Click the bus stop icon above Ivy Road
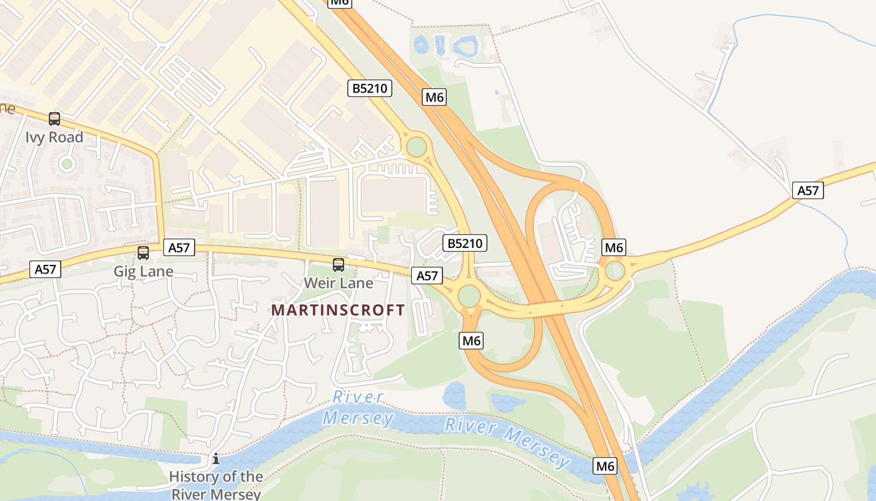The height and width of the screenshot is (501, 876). pyautogui.click(x=54, y=118)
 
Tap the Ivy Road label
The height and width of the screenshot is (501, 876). pyautogui.click(x=54, y=137)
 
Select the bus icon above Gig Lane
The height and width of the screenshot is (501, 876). pyautogui.click(x=143, y=253)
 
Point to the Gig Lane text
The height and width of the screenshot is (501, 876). pyautogui.click(x=143, y=272)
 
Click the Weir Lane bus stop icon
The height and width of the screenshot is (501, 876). pyautogui.click(x=339, y=264)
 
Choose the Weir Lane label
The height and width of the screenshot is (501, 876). pyautogui.click(x=339, y=283)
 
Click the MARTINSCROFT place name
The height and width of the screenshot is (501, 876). pyautogui.click(x=338, y=310)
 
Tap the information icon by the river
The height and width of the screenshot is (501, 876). pyautogui.click(x=216, y=458)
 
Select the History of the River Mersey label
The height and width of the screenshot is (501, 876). pyautogui.click(x=216, y=485)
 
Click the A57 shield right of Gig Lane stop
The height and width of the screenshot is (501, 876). pyautogui.click(x=179, y=248)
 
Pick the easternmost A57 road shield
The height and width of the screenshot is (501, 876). pyautogui.click(x=808, y=190)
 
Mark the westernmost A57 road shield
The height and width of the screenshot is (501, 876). pyautogui.click(x=45, y=270)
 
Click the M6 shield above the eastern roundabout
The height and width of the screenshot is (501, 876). pyautogui.click(x=614, y=247)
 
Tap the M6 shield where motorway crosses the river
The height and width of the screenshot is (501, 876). pyautogui.click(x=605, y=466)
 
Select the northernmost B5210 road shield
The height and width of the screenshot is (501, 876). pyautogui.click(x=370, y=88)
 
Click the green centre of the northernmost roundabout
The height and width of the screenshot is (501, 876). pyautogui.click(x=416, y=147)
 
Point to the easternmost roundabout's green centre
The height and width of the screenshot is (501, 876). pyautogui.click(x=615, y=271)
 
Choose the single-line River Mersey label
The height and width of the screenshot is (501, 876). pyautogui.click(x=507, y=443)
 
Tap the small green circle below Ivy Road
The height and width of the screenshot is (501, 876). pyautogui.click(x=67, y=164)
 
